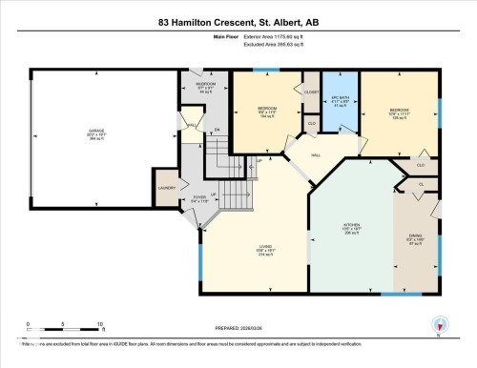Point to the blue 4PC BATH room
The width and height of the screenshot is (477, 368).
336,103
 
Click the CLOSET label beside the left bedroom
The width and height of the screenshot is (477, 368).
310,91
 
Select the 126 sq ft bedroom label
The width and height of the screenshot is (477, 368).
399,113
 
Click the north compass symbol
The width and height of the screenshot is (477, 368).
439,327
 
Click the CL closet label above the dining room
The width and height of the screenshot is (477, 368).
421,183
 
